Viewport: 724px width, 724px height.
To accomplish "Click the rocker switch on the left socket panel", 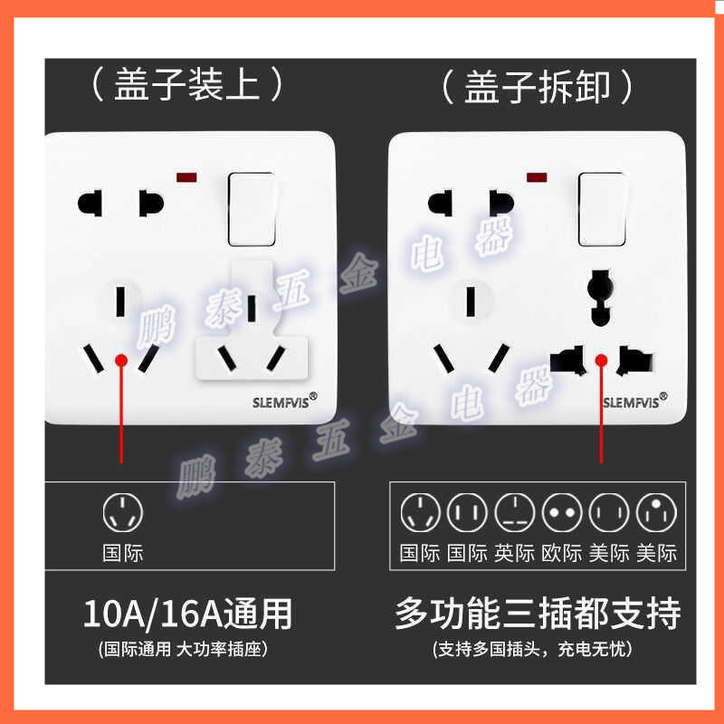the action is coord(252,209).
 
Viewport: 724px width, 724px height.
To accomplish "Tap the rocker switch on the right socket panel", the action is coord(602,209).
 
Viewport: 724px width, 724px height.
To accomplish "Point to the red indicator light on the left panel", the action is coord(186,177).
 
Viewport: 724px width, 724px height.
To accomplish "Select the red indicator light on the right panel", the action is coord(537,177).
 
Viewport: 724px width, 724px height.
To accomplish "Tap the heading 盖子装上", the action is coord(187,83).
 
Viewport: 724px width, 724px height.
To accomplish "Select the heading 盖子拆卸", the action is coord(538,86).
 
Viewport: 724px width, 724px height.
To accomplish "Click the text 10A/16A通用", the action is coord(187,614).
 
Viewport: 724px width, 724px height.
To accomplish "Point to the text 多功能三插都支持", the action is coord(538,614).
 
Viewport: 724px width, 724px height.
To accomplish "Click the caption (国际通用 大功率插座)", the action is coord(183,649).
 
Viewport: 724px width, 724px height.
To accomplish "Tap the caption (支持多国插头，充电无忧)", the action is coord(532,649).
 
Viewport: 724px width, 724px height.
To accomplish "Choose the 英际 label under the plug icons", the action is coord(514,553).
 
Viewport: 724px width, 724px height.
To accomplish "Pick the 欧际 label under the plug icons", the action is coord(561,553).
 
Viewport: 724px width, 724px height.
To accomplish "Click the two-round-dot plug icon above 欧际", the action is coord(562,512).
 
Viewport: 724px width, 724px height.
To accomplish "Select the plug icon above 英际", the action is coord(514,512).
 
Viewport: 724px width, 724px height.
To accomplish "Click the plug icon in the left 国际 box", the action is coord(123,512).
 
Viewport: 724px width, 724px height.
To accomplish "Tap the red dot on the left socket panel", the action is coord(121,360).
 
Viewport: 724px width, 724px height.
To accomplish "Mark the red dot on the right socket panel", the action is coord(601,360).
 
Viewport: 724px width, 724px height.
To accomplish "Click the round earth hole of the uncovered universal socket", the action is coord(600,289).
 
